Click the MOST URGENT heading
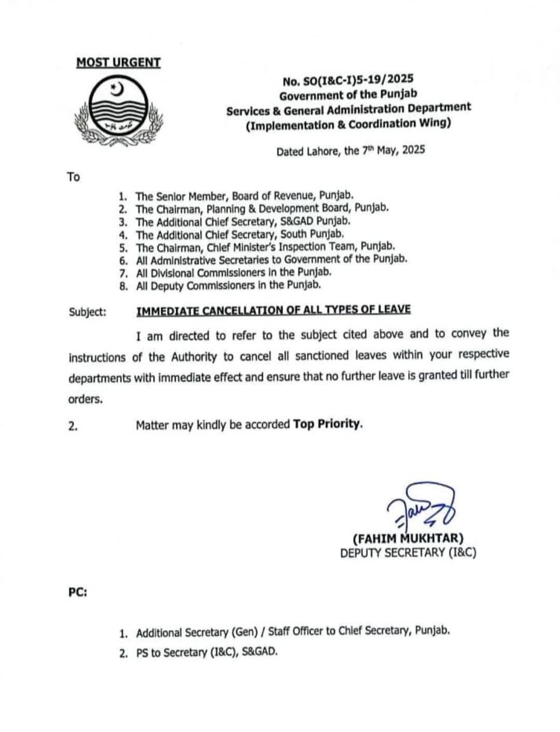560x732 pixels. click(x=118, y=63)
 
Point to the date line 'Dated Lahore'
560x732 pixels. click(x=351, y=151)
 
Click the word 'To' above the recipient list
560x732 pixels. click(x=73, y=177)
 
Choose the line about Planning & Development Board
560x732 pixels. click(x=262, y=209)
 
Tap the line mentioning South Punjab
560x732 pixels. click(x=240, y=234)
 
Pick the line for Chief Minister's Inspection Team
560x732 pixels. click(x=265, y=247)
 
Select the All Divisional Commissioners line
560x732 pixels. click(x=233, y=272)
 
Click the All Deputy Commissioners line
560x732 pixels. click(x=228, y=285)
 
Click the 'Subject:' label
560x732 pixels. click(x=88, y=312)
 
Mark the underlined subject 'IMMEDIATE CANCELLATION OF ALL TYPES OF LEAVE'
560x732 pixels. click(x=273, y=310)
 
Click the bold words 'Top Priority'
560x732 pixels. click(x=327, y=424)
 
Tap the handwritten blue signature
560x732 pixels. click(x=420, y=506)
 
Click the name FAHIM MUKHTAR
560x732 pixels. click(x=408, y=538)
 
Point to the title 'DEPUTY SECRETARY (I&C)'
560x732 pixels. click(x=408, y=553)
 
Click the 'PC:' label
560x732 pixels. click(x=77, y=592)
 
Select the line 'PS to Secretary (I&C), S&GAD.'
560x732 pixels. click(x=207, y=653)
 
